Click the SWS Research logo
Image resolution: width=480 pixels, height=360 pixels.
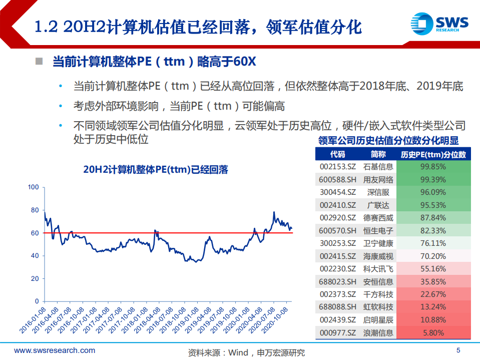439,24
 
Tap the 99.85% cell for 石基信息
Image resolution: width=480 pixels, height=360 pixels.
434,166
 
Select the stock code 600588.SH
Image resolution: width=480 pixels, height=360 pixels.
338,179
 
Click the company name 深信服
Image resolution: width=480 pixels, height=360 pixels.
378,192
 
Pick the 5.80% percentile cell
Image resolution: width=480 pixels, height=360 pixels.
434,332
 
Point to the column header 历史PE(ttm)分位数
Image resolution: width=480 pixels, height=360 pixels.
434,154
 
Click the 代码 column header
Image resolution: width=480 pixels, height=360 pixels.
338,154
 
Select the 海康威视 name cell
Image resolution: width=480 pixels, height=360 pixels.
378,256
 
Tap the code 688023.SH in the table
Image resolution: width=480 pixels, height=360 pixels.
338,282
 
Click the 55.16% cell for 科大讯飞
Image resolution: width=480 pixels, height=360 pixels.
434,269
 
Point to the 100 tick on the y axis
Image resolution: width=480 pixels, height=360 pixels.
34,187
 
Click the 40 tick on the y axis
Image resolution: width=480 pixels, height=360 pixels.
35,256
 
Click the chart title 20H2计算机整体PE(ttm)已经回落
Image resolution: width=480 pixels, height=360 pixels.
156,170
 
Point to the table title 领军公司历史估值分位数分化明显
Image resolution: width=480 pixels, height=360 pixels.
388,141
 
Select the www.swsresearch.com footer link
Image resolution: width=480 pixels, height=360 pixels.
55,350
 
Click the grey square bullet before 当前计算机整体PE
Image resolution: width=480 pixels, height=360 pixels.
39,62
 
